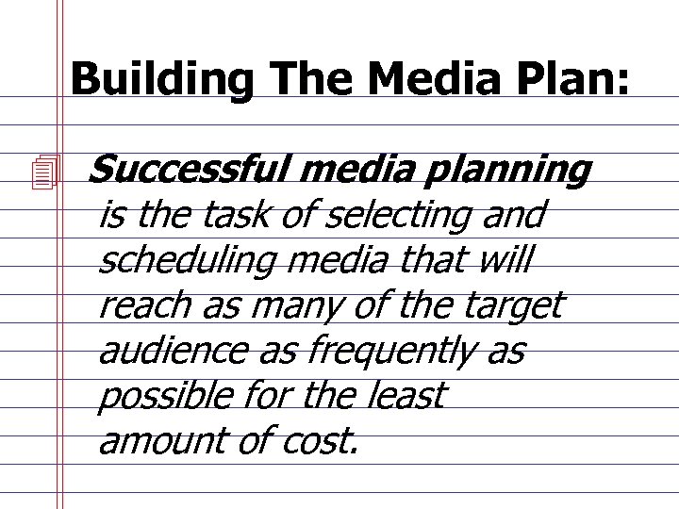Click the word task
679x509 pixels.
pos(244,216)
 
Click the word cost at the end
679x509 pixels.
pos(322,440)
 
